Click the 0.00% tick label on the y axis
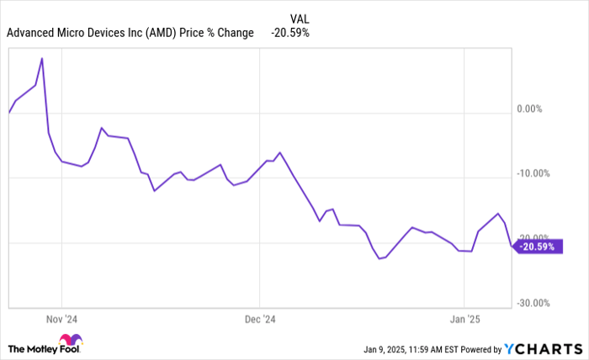(x=536, y=109)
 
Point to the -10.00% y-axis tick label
(x=533, y=173)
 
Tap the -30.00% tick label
(x=533, y=303)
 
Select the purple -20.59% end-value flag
(x=537, y=246)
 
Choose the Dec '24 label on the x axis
(x=260, y=320)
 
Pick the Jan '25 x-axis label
(x=464, y=320)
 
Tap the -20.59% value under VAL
(x=290, y=33)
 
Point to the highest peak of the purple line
(x=42, y=58)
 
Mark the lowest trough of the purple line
(x=379, y=258)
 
